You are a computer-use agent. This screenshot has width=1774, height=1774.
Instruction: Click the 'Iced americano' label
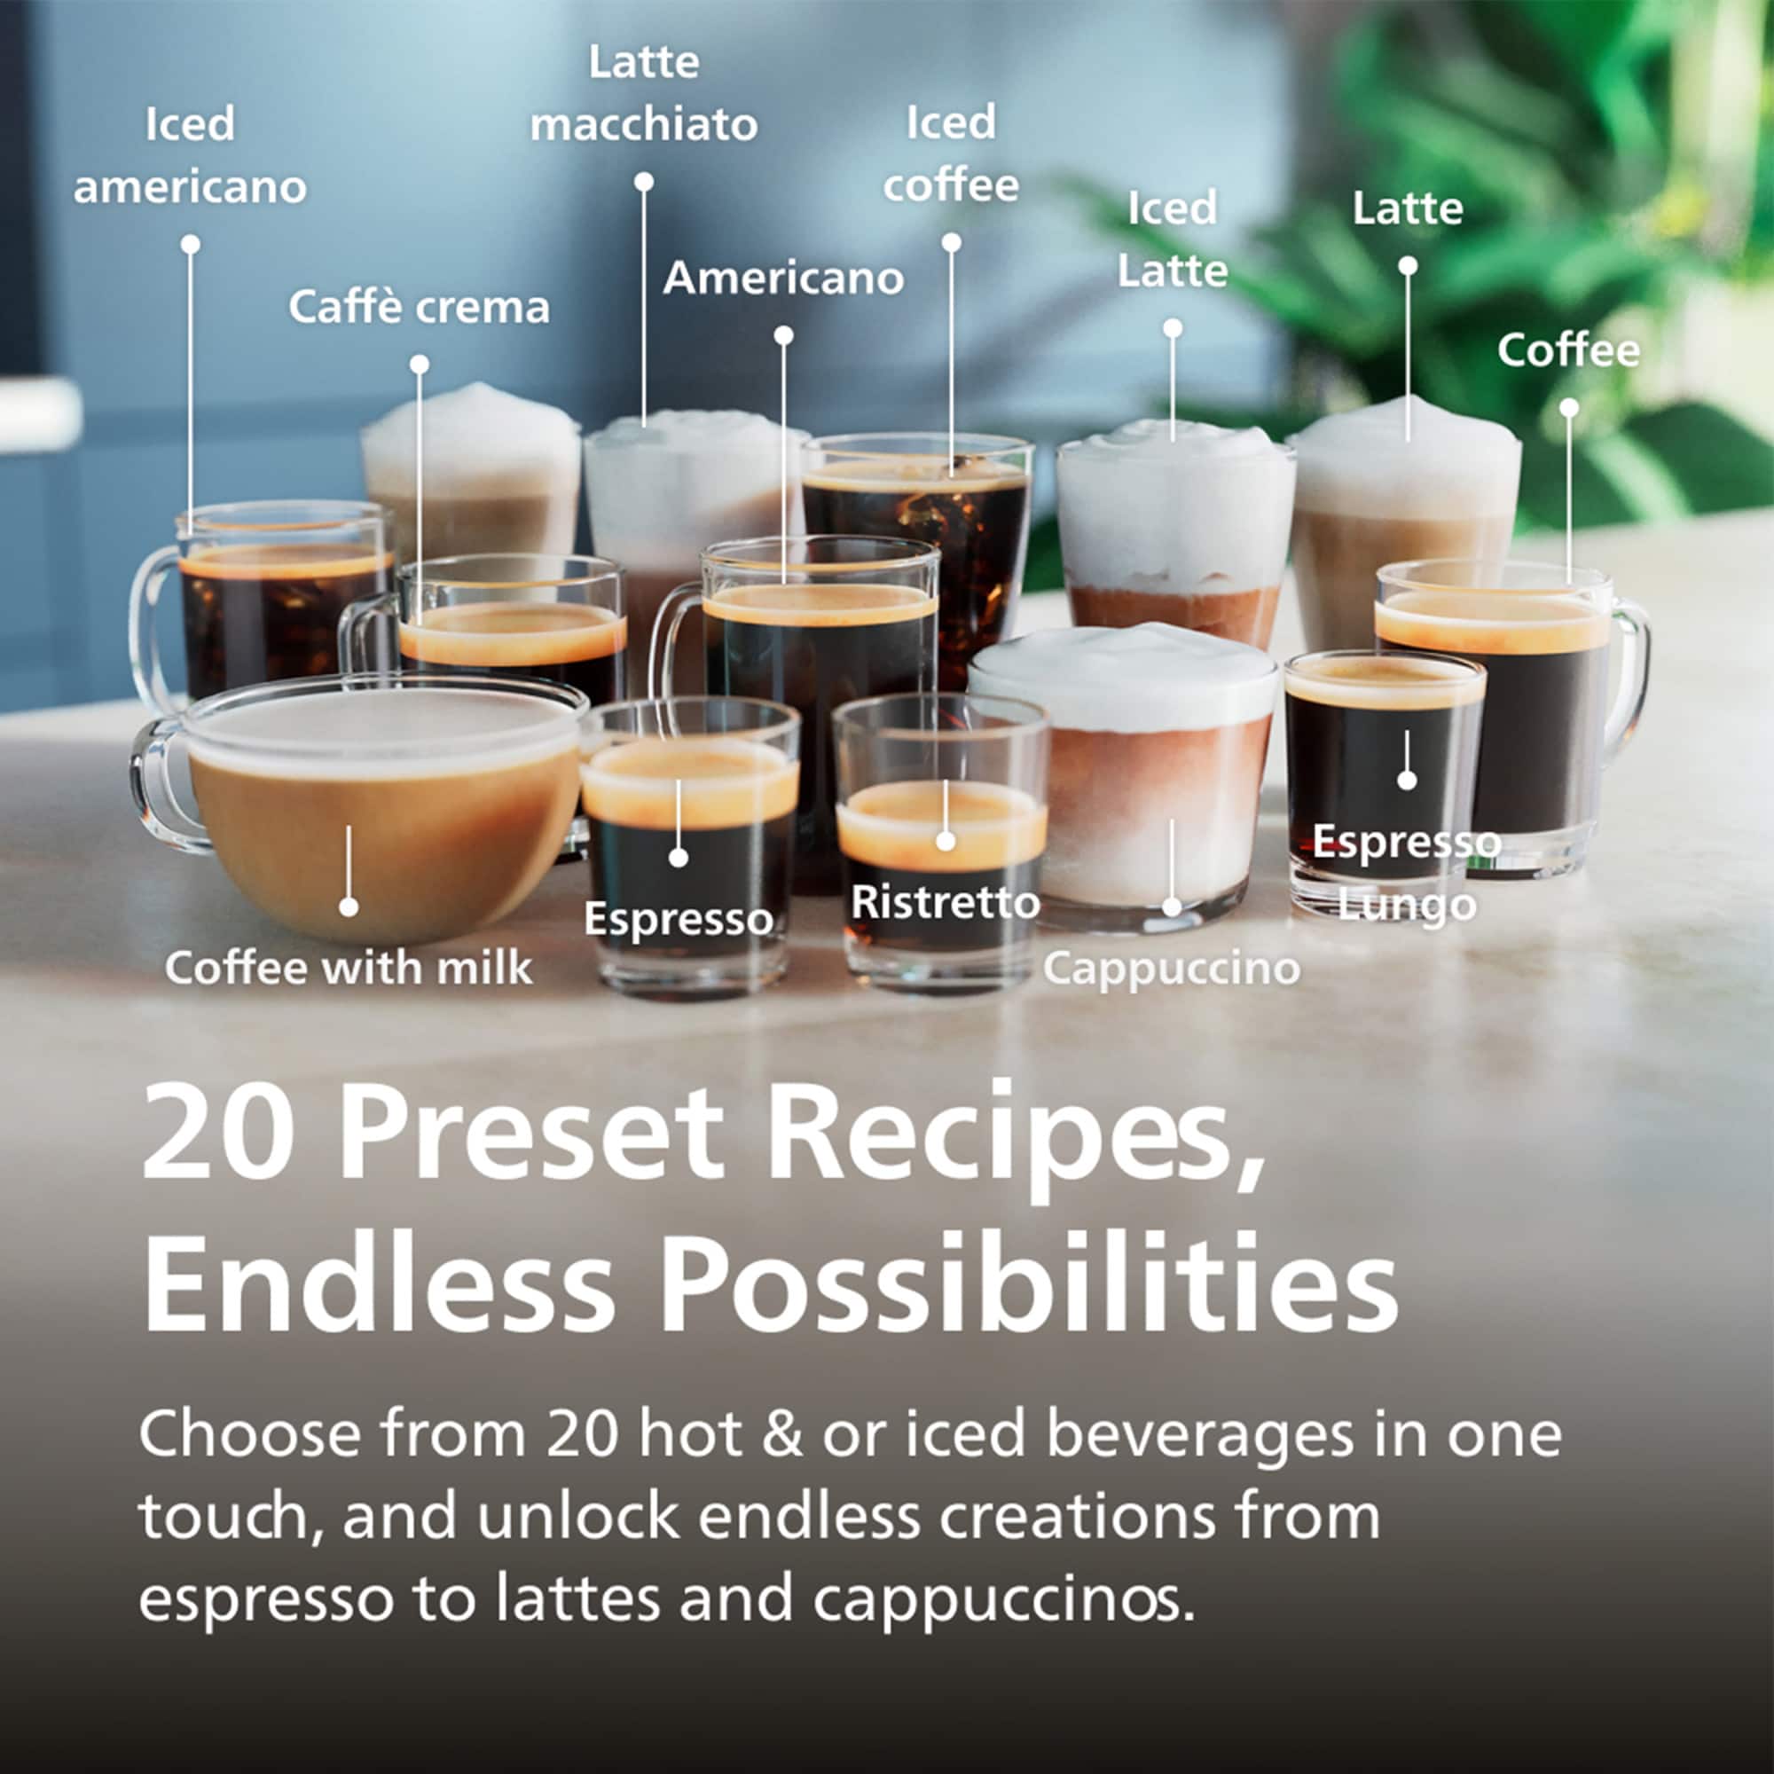[x=190, y=155]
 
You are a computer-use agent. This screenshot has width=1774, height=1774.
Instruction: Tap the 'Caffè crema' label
[x=419, y=307]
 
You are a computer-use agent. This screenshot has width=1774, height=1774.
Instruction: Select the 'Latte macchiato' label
[x=644, y=94]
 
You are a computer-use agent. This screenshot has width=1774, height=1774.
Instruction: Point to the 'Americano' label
[x=783, y=278]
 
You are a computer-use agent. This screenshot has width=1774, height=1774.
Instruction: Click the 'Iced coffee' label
[x=951, y=153]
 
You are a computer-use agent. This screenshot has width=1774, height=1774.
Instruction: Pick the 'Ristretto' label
[x=945, y=902]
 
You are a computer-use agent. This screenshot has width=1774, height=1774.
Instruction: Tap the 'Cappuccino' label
[x=1172, y=968]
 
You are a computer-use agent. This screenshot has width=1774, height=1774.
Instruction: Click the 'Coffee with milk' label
[x=349, y=968]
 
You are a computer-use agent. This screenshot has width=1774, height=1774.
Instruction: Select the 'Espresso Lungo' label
[x=1406, y=872]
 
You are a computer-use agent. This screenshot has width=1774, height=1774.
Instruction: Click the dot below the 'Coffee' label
[x=1569, y=407]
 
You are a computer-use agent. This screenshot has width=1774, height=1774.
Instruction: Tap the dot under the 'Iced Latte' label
[x=1173, y=328]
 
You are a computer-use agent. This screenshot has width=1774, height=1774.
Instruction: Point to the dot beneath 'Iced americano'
[x=190, y=244]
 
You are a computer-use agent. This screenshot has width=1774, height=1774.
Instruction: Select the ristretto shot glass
[x=941, y=842]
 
